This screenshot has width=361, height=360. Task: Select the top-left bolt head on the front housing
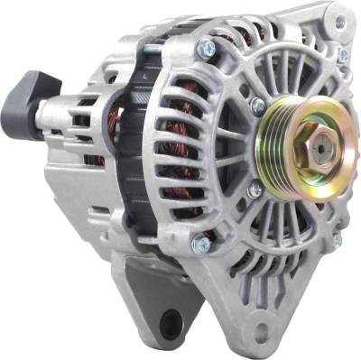[x=207, y=48]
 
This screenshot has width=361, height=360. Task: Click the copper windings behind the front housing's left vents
[x=190, y=135]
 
